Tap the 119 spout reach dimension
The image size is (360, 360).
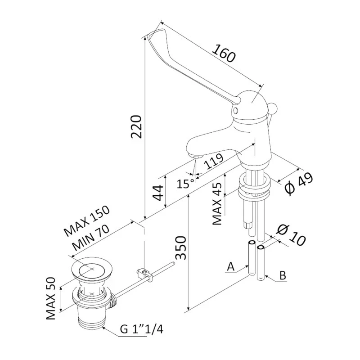215,159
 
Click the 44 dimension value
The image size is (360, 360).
157,192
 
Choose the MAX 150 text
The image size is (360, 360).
87,222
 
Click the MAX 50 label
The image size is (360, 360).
53,297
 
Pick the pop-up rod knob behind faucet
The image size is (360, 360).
273,108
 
